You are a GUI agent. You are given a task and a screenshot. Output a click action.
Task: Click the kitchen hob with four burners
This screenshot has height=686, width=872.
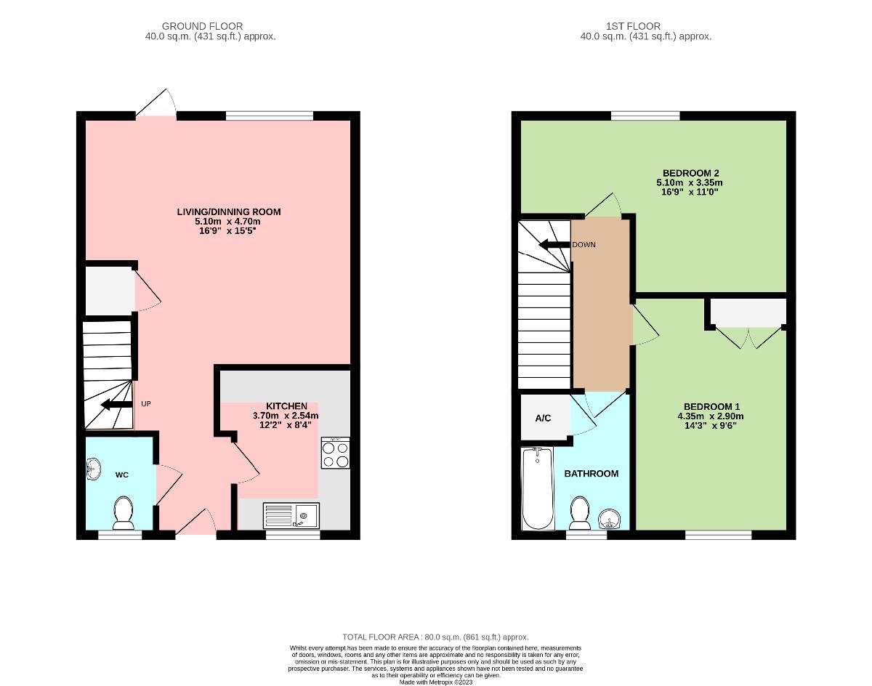pos(336,453)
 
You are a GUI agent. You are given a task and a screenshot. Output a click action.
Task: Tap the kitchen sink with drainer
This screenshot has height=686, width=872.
pos(291,516)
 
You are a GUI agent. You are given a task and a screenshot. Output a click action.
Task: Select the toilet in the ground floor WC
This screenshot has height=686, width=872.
pos(124,513)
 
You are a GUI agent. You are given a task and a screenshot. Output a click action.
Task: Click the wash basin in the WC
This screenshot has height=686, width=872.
pos(93,469)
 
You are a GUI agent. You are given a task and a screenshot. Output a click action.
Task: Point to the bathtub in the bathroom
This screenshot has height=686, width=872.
pos(538,488)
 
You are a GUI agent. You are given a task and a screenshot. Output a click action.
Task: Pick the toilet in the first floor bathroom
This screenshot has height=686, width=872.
pos(580,513)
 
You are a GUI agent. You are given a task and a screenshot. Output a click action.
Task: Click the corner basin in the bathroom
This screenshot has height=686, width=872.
pos(610,519)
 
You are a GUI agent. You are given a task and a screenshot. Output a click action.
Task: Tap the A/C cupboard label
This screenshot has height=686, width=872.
pos(543,418)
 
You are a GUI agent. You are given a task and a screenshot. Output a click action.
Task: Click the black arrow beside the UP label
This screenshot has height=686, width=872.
pos(116,404)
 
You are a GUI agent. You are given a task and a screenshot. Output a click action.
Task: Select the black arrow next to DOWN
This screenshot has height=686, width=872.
pos(554,245)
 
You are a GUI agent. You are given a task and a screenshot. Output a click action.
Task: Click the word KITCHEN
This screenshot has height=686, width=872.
pos(286,406)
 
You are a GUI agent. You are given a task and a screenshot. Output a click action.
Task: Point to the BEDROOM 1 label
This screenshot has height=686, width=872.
pos(711,406)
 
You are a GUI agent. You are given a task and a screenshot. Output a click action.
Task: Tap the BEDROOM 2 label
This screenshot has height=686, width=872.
pos(691,173)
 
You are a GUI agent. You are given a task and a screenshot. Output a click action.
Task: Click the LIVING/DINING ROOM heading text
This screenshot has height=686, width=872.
pos(229,211)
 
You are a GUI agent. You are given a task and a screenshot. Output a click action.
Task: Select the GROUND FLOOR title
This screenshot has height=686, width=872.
pos(202,26)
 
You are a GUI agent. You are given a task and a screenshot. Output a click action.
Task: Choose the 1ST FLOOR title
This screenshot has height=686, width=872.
pos(633,26)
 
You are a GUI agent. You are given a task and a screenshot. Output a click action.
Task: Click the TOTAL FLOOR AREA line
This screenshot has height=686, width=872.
pos(435,637)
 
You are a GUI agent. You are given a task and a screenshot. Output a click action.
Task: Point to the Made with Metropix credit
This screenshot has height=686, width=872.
pos(436,682)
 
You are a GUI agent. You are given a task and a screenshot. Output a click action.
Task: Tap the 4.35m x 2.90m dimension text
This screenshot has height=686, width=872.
pos(711,416)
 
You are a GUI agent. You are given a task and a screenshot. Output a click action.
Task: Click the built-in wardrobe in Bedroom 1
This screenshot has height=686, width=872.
pos(748,312)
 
